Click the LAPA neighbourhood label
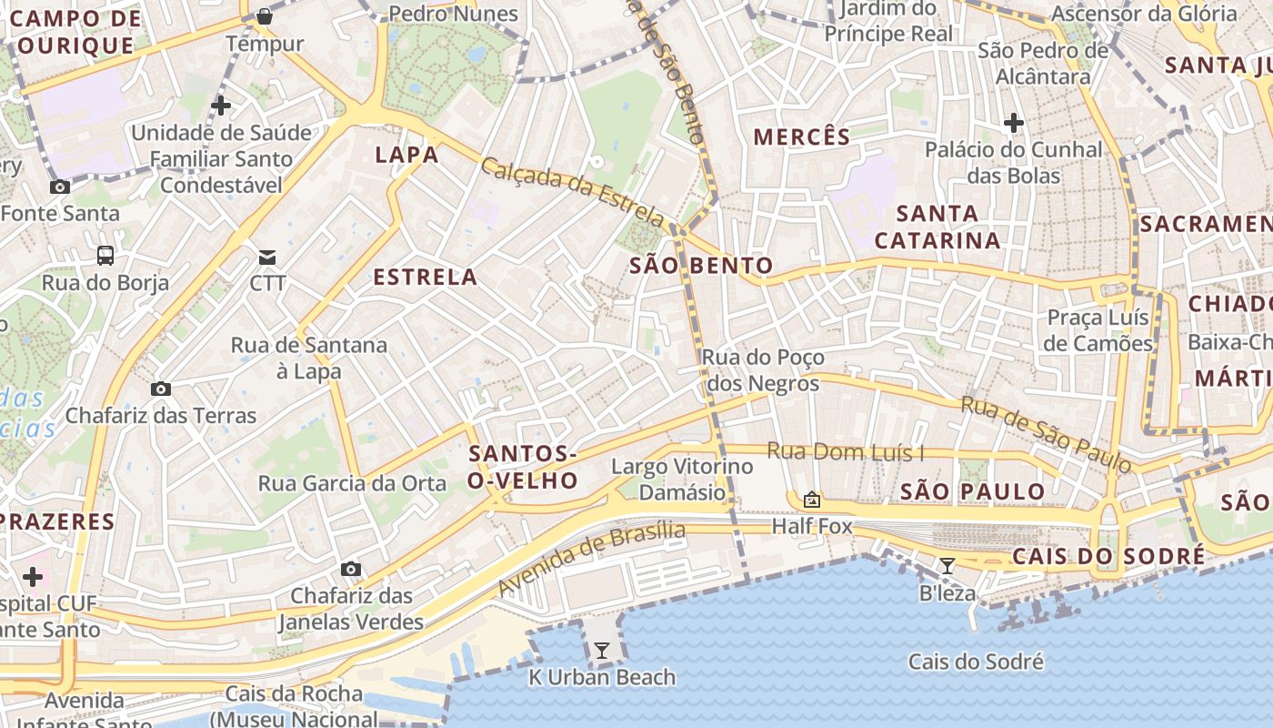click(x=406, y=155)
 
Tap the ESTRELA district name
click(x=425, y=277)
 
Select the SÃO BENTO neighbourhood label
click(x=701, y=266)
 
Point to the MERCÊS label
click(x=802, y=137)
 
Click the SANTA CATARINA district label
click(x=937, y=227)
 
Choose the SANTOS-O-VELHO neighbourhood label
click(x=523, y=467)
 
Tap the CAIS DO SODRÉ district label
click(x=1108, y=556)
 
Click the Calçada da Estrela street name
click(x=573, y=191)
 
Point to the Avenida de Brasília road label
click(x=592, y=560)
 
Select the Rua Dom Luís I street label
click(x=845, y=451)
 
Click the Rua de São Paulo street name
click(x=1047, y=434)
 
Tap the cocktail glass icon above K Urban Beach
click(x=601, y=650)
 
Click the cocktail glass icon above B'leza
click(x=947, y=566)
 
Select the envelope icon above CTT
click(x=267, y=257)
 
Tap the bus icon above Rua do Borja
click(x=105, y=256)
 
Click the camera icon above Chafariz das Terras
click(x=161, y=389)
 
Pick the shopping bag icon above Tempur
click(x=264, y=15)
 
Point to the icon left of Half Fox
click(x=811, y=500)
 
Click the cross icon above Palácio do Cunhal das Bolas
click(x=1013, y=122)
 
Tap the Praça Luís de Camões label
click(x=1098, y=330)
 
